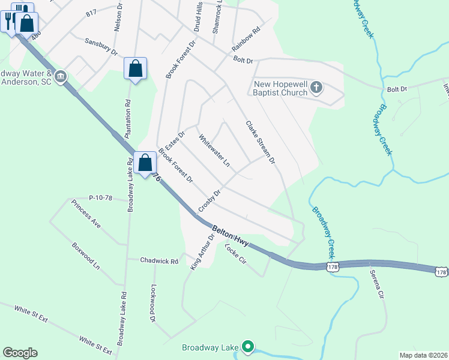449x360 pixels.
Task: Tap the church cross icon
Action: [316, 89]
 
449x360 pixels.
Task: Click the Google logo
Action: [20, 353]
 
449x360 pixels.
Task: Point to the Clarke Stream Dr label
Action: [260, 142]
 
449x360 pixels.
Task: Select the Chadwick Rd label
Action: [159, 261]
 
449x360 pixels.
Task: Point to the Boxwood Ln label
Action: [85, 256]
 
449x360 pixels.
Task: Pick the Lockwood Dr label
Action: [153, 303]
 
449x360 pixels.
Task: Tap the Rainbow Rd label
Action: [246, 38]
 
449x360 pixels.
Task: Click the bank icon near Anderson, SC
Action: [60, 77]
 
